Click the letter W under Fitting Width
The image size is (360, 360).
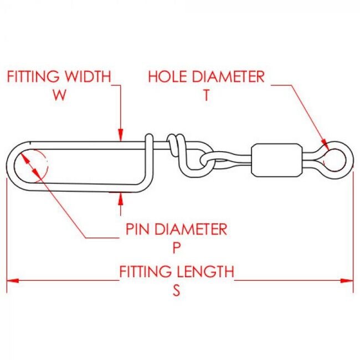(x=60, y=95)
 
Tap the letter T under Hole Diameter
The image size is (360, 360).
(x=206, y=95)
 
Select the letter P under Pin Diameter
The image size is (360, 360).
(x=176, y=247)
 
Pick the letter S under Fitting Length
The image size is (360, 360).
(x=176, y=290)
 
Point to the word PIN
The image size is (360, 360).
(x=139, y=229)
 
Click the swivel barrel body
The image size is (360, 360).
(x=276, y=161)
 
